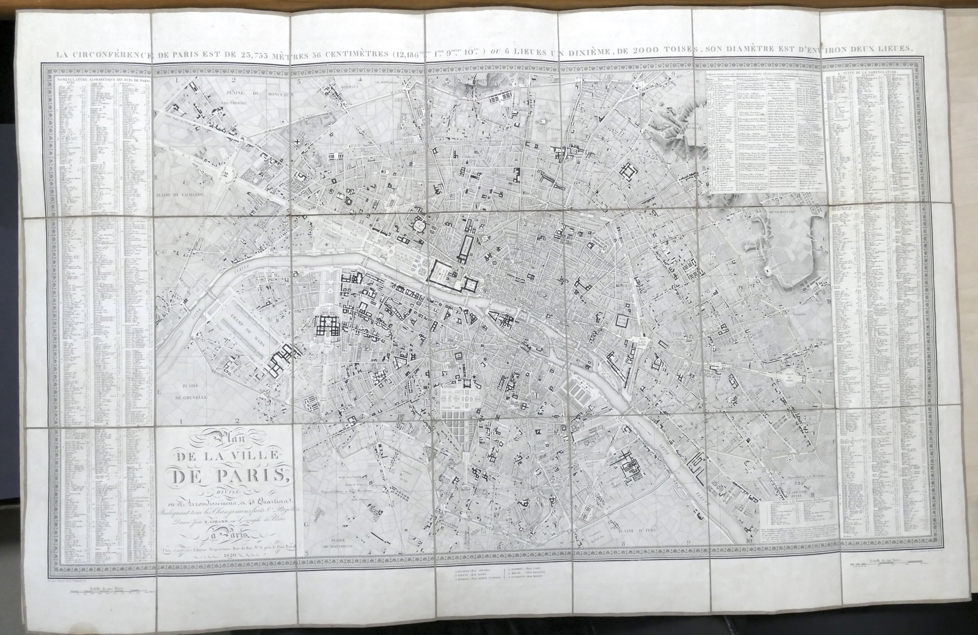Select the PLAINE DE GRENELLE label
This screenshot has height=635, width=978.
tap(190, 392)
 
